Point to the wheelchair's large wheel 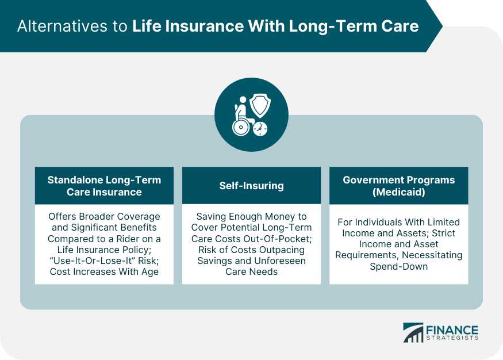point(240,127)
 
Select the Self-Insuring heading point(251,186)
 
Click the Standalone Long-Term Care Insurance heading point(104,186)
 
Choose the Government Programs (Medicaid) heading point(398,186)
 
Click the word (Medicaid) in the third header point(398,192)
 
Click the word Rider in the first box point(132,238)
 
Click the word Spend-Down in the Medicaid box point(398,266)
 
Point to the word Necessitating point(433,255)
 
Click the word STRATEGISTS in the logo point(452,339)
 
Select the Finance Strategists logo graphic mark point(413,332)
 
